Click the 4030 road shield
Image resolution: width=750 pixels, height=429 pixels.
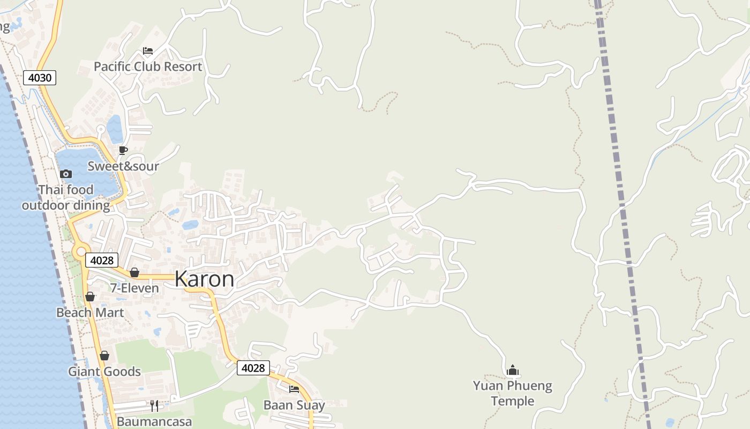[40, 78]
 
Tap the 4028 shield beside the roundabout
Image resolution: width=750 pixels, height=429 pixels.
[102, 260]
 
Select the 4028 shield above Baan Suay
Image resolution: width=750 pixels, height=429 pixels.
[253, 368]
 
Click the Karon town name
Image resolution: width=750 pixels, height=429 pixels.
[204, 279]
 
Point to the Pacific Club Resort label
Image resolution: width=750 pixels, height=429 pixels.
[148, 66]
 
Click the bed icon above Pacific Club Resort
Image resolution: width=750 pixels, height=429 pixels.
[148, 51]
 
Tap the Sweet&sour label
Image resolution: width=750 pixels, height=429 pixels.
[123, 166]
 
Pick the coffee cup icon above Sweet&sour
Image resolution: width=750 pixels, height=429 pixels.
[123, 150]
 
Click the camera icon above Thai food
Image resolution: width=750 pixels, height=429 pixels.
[66, 174]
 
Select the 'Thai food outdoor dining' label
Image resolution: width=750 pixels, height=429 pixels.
[66, 197]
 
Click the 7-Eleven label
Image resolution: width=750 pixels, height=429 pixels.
[134, 289]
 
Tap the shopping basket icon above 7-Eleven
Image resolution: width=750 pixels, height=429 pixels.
[134, 273]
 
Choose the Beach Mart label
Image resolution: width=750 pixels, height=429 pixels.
[90, 313]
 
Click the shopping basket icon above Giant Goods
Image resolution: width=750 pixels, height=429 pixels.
[104, 356]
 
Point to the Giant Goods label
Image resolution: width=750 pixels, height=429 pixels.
[104, 372]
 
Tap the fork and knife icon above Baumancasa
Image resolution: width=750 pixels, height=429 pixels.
[154, 405]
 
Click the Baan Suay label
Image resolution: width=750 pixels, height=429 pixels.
[294, 405]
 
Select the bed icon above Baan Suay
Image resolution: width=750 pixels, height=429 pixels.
[294, 389]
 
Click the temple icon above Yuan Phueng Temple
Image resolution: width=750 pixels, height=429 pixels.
[513, 370]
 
